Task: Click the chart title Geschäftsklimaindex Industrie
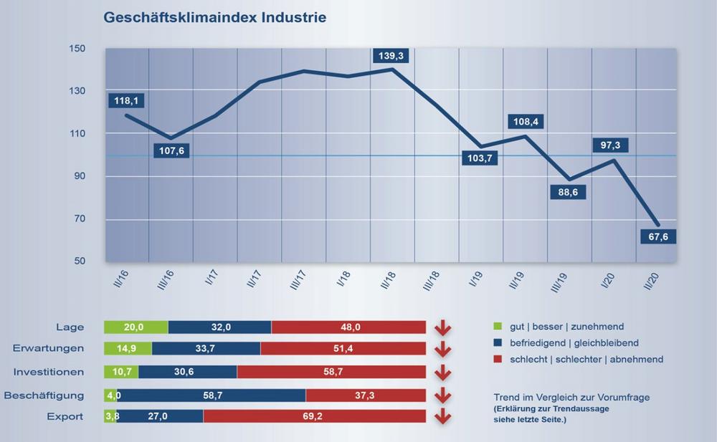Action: (x=215, y=16)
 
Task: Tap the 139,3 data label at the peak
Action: (x=391, y=54)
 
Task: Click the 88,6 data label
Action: (x=567, y=192)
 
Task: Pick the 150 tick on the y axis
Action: (x=77, y=49)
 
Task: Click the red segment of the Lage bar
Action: (x=348, y=327)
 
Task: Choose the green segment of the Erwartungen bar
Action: (x=128, y=349)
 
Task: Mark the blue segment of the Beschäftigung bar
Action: (x=211, y=395)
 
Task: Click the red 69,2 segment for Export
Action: (x=314, y=416)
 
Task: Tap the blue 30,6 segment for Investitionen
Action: (x=187, y=373)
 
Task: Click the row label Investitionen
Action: (x=49, y=373)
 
